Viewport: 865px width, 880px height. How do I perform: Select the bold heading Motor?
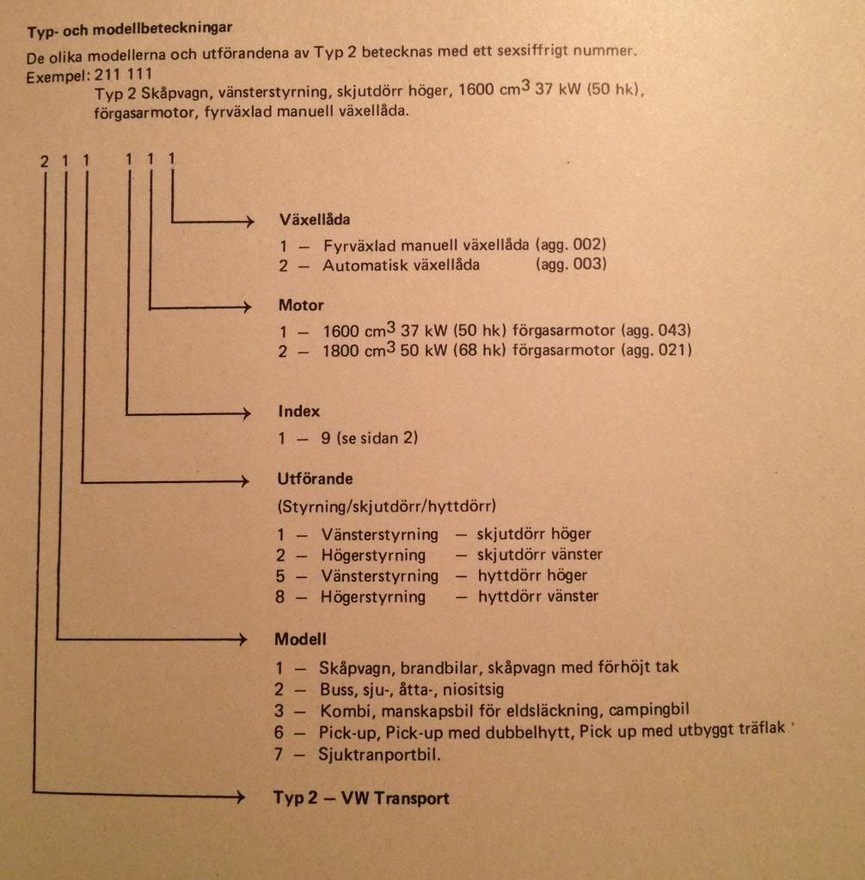pyautogui.click(x=301, y=305)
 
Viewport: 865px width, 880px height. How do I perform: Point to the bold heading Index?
pyautogui.click(x=298, y=412)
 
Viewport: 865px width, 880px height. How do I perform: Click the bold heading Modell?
pyautogui.click(x=300, y=639)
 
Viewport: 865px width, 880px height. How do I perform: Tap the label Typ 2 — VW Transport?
pyautogui.click(x=361, y=798)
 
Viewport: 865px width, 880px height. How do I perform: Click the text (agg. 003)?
pyautogui.click(x=571, y=265)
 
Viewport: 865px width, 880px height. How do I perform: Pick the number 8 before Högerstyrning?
pyautogui.click(x=280, y=596)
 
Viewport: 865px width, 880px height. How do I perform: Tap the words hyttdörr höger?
pyautogui.click(x=533, y=576)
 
